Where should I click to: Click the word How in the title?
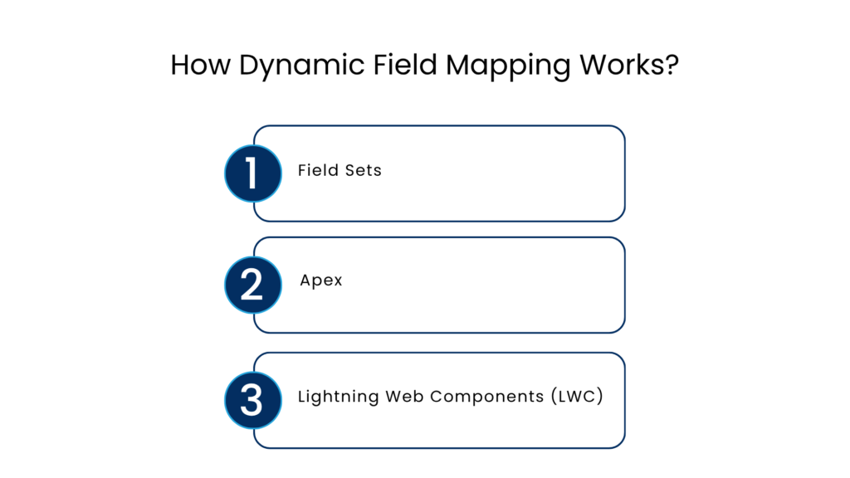click(x=200, y=65)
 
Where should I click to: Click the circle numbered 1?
click(x=253, y=173)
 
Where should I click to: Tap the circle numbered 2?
click(x=253, y=285)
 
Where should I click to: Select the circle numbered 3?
click(x=253, y=400)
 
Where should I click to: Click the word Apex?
click(x=321, y=281)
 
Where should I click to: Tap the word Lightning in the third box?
click(x=338, y=397)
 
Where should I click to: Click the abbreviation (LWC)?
click(x=576, y=396)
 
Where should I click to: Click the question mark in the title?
click(x=672, y=65)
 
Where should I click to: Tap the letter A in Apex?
click(x=305, y=280)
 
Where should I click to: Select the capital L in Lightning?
click(x=302, y=396)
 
